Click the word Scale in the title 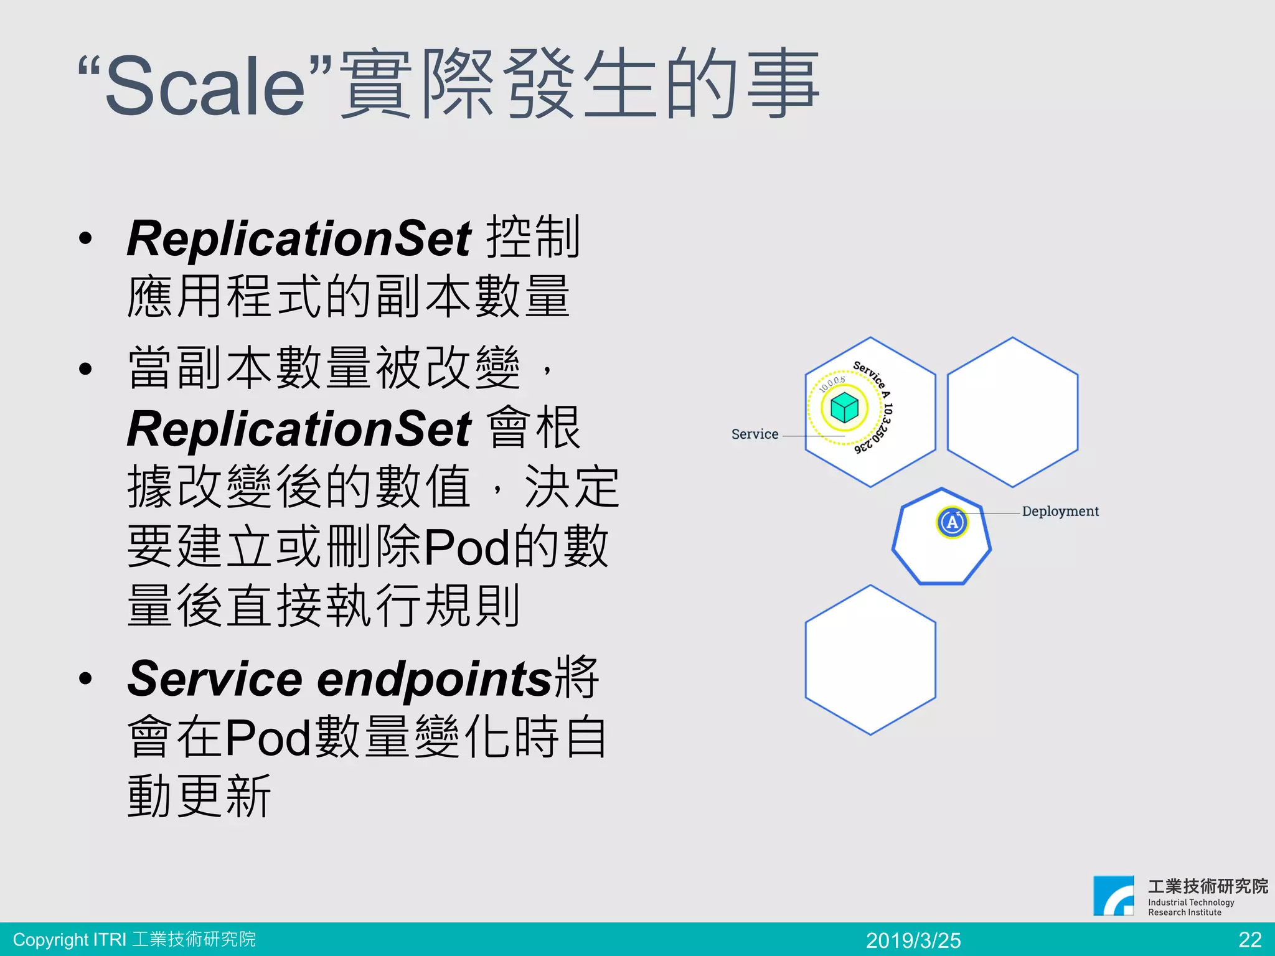click(x=205, y=85)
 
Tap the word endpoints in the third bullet click(x=435, y=678)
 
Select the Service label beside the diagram click(x=755, y=434)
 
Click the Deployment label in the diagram click(x=1060, y=512)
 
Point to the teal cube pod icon click(x=844, y=408)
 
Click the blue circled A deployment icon click(x=952, y=522)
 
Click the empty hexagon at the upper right click(x=1012, y=412)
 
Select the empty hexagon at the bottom click(x=870, y=660)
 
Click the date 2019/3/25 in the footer click(x=913, y=940)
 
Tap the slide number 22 click(x=1250, y=939)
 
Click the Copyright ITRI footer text click(x=134, y=939)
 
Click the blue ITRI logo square click(x=1114, y=896)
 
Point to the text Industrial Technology click(x=1191, y=902)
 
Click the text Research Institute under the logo click(x=1185, y=912)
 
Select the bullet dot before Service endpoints click(x=85, y=678)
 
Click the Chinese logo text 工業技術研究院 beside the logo click(x=1208, y=886)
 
